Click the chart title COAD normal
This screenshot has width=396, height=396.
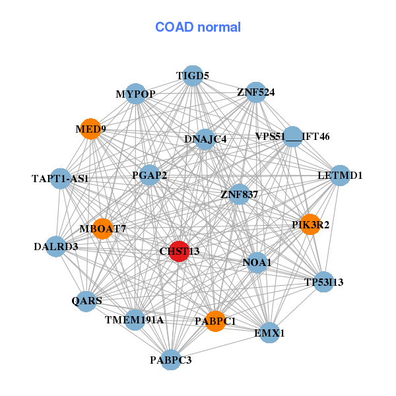click(x=198, y=28)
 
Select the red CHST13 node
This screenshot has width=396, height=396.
click(x=179, y=251)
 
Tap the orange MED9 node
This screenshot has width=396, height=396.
click(x=91, y=129)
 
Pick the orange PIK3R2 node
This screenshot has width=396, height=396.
click(x=310, y=224)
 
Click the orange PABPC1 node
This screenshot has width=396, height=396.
click(x=215, y=321)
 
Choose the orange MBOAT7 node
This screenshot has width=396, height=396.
click(x=102, y=228)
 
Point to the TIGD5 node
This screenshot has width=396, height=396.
click(x=192, y=75)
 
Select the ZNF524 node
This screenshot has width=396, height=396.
click(x=256, y=92)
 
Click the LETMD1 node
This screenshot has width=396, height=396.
click(x=340, y=176)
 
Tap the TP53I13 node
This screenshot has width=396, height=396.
click(x=323, y=282)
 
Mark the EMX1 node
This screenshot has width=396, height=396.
click(x=269, y=333)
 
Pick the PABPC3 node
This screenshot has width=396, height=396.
click(x=170, y=360)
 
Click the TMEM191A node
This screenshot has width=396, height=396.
click(x=135, y=319)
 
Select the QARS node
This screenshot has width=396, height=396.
click(x=86, y=301)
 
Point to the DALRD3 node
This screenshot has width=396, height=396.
click(x=56, y=247)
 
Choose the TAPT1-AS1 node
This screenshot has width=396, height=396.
click(x=60, y=178)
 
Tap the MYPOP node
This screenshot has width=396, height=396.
click(x=135, y=94)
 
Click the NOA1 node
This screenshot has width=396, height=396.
click(x=257, y=263)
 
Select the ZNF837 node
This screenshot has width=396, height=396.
click(x=239, y=194)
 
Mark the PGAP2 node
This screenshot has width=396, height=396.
click(x=149, y=175)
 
